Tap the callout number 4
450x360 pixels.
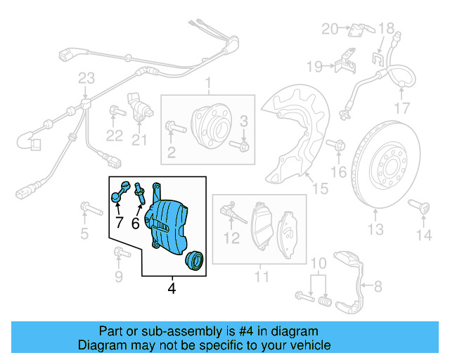172,288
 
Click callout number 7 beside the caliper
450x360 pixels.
118,223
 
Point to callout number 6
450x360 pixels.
136,223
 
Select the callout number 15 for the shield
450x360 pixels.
320,188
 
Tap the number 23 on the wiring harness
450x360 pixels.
86,77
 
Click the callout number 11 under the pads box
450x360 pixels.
262,278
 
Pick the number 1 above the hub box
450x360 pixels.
208,86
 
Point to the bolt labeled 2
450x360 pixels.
174,128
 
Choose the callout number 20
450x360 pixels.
330,29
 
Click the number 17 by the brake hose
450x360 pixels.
401,108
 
